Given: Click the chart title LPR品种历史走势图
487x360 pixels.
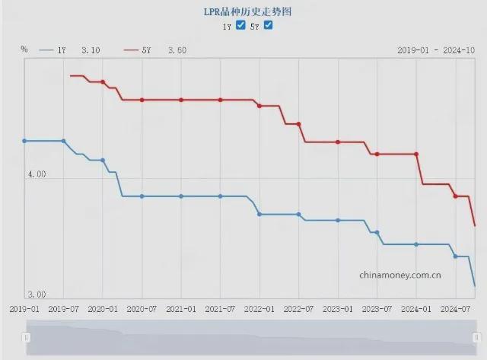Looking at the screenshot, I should pos(243,12).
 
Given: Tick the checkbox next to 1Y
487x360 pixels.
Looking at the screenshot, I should pos(241,26).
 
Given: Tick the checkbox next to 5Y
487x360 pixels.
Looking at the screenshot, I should pos(268,26).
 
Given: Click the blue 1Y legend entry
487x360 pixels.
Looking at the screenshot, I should pos(68,50).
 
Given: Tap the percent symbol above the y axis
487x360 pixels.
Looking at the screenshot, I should pos(24,49).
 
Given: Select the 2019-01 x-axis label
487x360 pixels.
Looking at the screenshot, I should pos(24,310).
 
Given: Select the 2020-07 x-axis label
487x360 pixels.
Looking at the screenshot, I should pos(142,310).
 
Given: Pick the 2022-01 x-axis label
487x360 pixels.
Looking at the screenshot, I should pos(259,310).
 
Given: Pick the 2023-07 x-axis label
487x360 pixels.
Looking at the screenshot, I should pos(377,310).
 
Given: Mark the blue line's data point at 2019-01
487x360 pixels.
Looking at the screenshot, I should pos(24,141).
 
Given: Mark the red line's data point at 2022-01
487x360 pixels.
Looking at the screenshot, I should pos(259,106).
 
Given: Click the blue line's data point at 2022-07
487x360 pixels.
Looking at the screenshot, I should pos(298,215).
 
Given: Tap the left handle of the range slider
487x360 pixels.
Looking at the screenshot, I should pos(27,337).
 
